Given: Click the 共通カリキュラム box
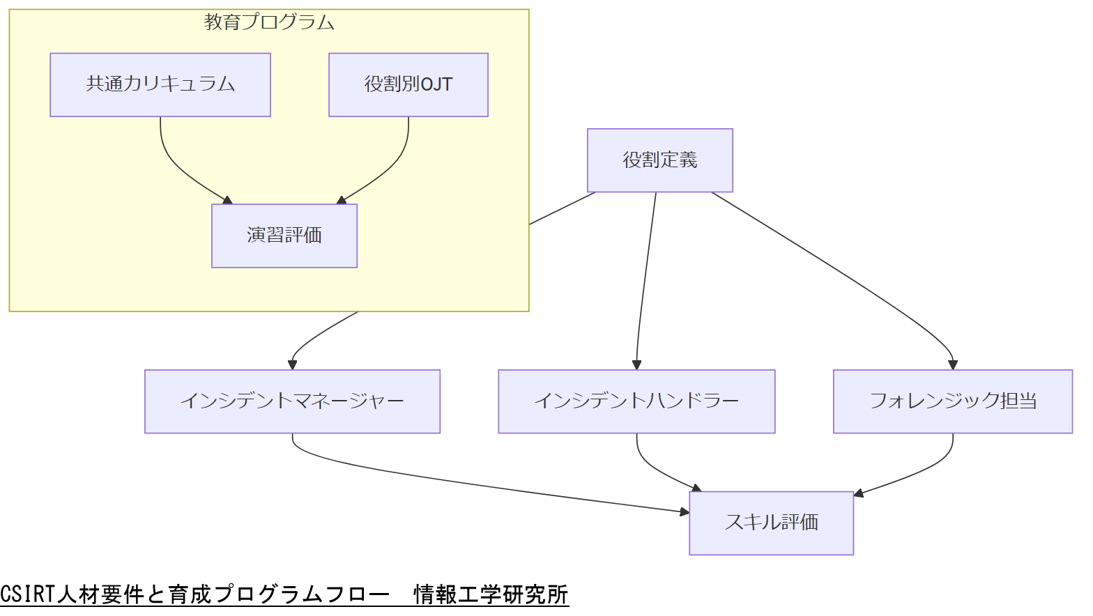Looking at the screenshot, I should (160, 84).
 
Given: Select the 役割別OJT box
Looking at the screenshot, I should (408, 84).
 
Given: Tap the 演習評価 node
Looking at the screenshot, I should (284, 236).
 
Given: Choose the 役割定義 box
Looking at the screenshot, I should (659, 160).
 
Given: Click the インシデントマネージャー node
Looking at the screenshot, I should (292, 401).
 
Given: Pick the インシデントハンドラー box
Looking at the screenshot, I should (636, 401).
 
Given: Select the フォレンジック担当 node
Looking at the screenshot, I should (952, 401).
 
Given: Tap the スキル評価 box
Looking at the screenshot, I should (771, 523).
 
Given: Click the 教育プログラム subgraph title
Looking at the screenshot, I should (269, 22).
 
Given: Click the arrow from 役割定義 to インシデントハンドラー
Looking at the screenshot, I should (645, 279).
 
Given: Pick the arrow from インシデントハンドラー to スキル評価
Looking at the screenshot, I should (655, 470).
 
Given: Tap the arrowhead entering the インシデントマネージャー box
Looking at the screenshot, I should (293, 364).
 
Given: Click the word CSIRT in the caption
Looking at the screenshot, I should (27, 594).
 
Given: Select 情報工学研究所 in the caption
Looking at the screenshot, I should (491, 594).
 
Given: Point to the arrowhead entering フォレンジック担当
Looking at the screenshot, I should (952, 364).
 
